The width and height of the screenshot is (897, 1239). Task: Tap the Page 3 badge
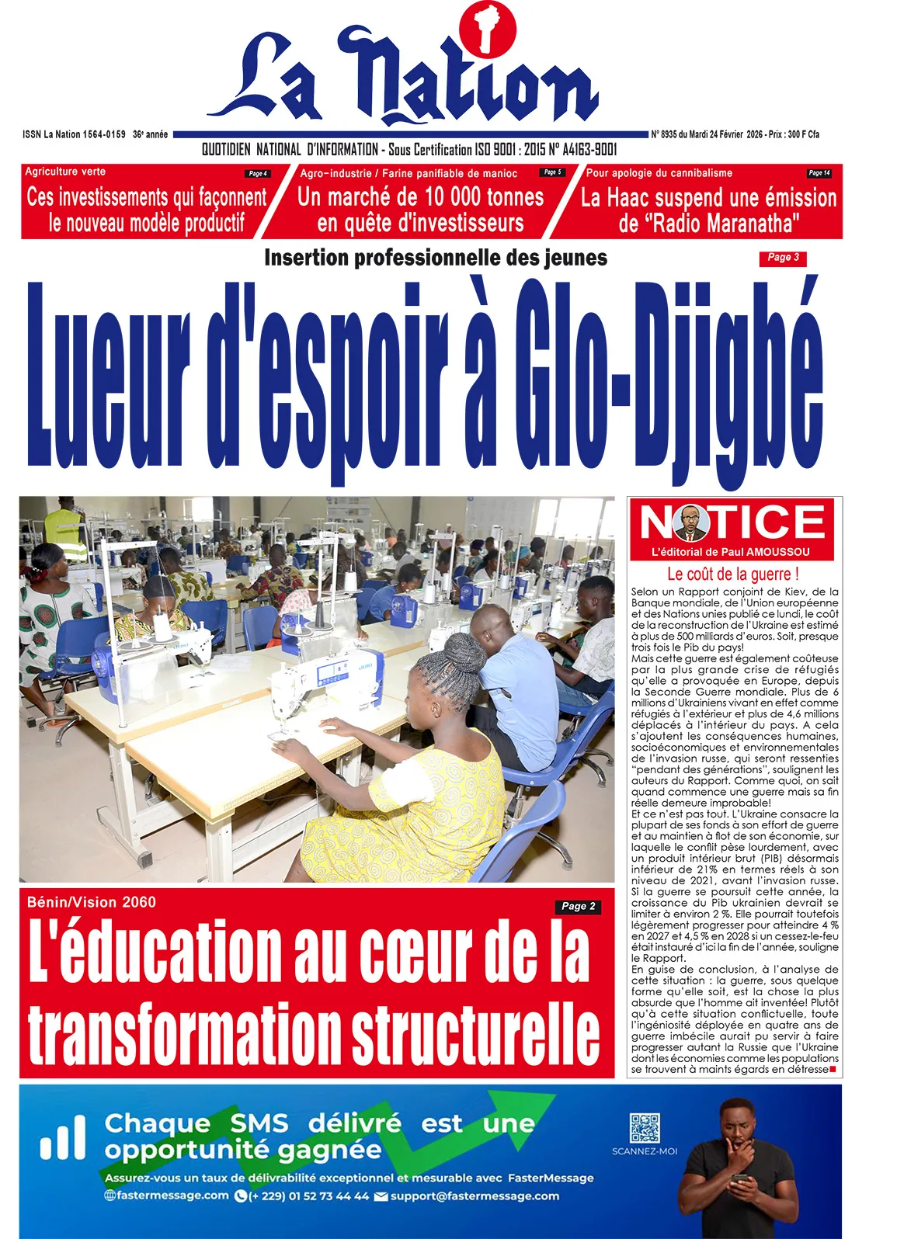[782, 258]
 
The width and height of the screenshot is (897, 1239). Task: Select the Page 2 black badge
[578, 906]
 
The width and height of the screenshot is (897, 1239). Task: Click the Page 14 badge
[819, 173]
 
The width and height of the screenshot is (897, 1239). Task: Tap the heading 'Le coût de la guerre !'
[732, 574]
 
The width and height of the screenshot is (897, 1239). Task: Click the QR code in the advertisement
[644, 1128]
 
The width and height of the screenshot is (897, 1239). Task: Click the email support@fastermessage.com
[474, 1196]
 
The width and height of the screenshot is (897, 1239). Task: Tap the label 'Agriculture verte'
[65, 172]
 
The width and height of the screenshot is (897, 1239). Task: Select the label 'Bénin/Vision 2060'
[91, 902]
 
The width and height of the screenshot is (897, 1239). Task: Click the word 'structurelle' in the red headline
[475, 1036]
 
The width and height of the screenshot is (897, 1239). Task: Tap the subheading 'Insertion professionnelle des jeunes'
[435, 258]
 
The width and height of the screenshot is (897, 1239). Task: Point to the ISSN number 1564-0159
[104, 134]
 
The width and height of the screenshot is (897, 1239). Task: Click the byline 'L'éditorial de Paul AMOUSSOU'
[730, 552]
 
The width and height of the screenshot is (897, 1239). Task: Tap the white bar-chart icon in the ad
[63, 1138]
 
